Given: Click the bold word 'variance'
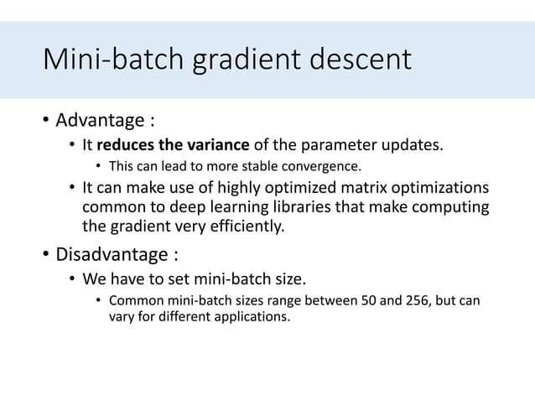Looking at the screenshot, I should [x=232, y=145].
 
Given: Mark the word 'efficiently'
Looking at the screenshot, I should [x=245, y=226].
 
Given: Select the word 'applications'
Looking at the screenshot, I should [x=252, y=317].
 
